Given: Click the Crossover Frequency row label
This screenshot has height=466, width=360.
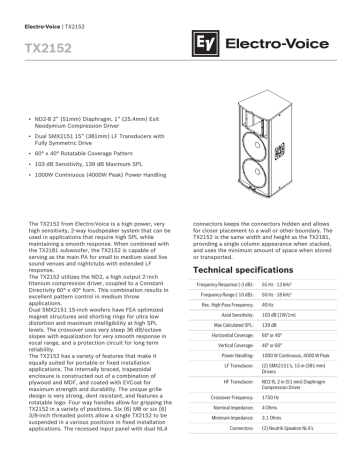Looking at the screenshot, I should pyautogui.click(x=223, y=398).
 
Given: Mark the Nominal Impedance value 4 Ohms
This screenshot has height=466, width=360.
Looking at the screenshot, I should pyautogui.click(x=272, y=410).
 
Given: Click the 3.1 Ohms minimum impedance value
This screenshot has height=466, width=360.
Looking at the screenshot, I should pyautogui.click(x=274, y=422).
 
